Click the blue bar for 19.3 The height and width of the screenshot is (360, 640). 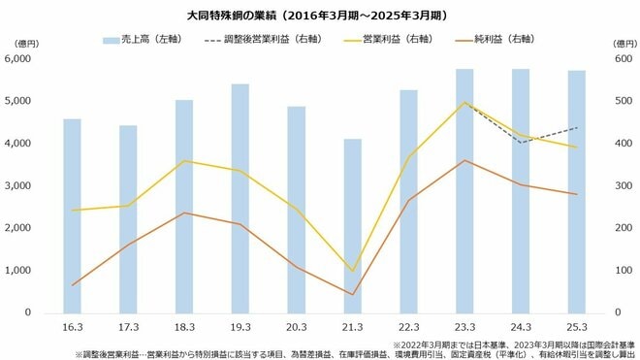240,198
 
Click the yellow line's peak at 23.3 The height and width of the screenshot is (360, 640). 464,102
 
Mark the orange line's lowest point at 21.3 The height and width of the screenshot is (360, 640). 352,294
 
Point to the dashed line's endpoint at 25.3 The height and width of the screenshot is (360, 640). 577,127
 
